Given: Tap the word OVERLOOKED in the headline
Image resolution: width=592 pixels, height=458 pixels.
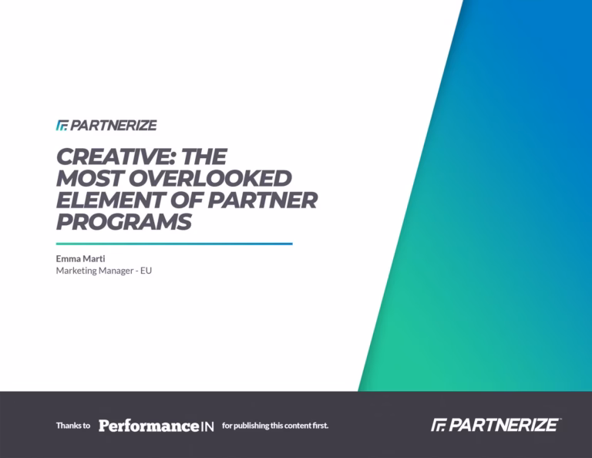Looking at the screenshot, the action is pyautogui.click(x=210, y=178).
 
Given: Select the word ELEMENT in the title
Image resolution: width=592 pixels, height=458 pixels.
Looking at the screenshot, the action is pyautogui.click(x=111, y=200).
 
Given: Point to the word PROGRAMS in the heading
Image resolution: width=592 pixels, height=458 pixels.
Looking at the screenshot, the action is pyautogui.click(x=124, y=221).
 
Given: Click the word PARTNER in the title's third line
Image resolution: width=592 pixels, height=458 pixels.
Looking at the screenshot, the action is pyautogui.click(x=263, y=200).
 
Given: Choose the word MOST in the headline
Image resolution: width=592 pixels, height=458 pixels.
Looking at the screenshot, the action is pyautogui.click(x=90, y=178).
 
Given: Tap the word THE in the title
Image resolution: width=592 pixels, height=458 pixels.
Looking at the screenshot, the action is pyautogui.click(x=203, y=157).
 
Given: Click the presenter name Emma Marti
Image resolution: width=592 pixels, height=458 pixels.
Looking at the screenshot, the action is pyautogui.click(x=80, y=258).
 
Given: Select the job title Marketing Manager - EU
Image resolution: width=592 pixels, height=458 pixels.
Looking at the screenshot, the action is pyautogui.click(x=104, y=271).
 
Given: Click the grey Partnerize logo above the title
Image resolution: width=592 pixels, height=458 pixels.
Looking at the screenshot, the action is pyautogui.click(x=106, y=126).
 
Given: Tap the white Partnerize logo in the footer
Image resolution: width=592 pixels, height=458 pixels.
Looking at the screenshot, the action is pyautogui.click(x=496, y=425).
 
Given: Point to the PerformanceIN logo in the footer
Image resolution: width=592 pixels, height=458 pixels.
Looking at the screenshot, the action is pyautogui.click(x=156, y=426).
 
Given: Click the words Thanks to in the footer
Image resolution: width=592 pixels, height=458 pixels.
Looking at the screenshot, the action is pyautogui.click(x=73, y=426).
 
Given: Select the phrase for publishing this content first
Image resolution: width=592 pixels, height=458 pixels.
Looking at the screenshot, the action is pyautogui.click(x=275, y=426).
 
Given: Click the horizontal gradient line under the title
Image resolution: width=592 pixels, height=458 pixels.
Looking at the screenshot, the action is pyautogui.click(x=174, y=244).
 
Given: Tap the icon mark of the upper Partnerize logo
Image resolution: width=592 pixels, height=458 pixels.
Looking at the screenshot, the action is pyautogui.click(x=62, y=126).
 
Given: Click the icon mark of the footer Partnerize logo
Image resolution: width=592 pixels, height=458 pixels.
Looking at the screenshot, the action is pyautogui.click(x=439, y=425).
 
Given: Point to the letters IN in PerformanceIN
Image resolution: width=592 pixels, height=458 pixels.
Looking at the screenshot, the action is pyautogui.click(x=207, y=426).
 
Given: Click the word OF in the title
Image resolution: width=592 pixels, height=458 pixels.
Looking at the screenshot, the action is pyautogui.click(x=187, y=200).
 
